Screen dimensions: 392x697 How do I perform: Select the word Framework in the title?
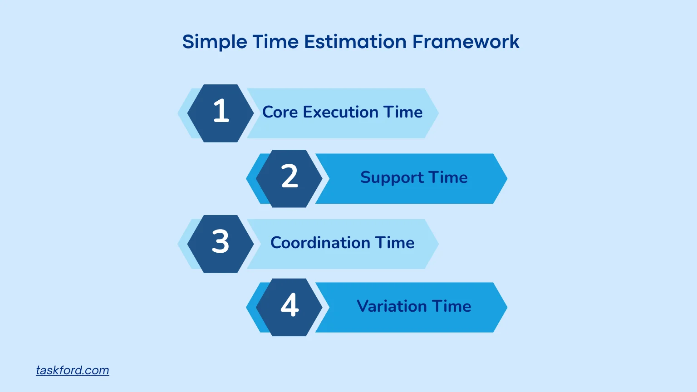pos(466,42)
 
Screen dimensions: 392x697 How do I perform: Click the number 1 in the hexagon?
pos(221,111)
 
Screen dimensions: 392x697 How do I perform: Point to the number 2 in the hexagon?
pos(290,176)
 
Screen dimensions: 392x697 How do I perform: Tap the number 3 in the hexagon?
pos(221,242)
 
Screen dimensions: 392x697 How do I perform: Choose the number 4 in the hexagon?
pos(290,305)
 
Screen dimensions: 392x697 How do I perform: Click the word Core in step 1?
pos(280,112)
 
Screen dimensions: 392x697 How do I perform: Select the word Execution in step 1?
pos(340,112)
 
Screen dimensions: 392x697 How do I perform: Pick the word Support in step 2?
pos(392,178)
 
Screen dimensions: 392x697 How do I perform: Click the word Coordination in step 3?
pos(320,243)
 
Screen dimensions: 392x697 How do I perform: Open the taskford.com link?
pos(73,370)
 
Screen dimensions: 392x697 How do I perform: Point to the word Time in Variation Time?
pos(451,306)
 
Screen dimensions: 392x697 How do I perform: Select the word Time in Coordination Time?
pos(394,243)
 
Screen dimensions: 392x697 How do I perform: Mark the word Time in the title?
pos(275,42)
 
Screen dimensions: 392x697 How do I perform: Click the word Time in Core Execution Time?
pos(403,112)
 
